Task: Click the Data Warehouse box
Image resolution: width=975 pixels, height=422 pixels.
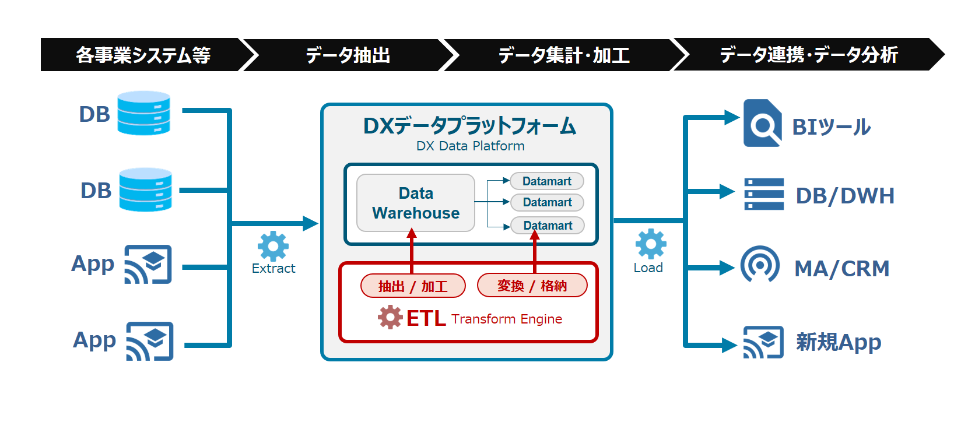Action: [416, 203]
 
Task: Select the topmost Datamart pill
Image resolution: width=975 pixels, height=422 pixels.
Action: [546, 181]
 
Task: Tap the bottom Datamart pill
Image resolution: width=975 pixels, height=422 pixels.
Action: [548, 226]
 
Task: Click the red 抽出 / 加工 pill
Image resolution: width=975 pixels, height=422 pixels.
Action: [413, 286]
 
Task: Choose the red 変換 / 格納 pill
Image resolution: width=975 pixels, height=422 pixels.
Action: [532, 286]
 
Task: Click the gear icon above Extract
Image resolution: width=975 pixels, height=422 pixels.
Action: [273, 246]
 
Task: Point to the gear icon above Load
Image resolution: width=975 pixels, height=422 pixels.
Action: [651, 244]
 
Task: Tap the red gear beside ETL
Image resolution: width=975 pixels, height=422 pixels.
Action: [390, 318]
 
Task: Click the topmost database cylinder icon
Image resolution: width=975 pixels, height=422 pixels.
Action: [143, 113]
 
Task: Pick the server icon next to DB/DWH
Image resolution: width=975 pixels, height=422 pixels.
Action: [764, 194]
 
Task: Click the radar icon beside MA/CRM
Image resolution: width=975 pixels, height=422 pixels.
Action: [760, 265]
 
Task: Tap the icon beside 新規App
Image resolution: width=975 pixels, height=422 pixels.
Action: [763, 342]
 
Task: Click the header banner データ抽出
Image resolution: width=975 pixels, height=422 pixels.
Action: [348, 55]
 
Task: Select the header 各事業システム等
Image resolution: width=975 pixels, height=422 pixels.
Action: [143, 55]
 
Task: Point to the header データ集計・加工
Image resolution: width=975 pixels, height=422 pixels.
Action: [563, 55]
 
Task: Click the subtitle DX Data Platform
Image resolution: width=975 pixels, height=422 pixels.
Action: [470, 146]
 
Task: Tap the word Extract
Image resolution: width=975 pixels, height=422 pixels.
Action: [273, 268]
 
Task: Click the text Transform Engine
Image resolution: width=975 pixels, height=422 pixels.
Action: [506, 319]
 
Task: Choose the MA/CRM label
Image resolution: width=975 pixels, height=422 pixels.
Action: [841, 269]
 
